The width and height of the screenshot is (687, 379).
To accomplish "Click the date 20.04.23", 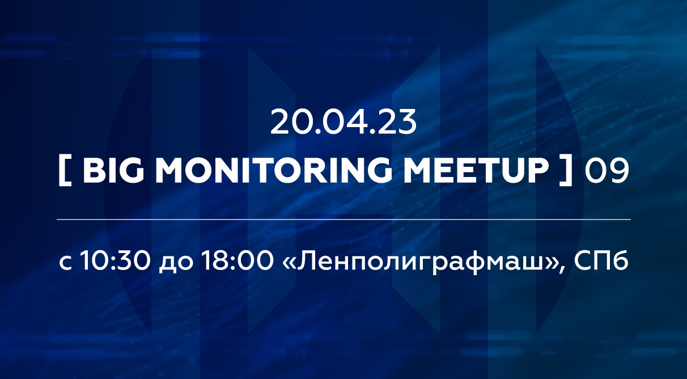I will click(343, 122).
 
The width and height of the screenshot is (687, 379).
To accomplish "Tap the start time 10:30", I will click(117, 263).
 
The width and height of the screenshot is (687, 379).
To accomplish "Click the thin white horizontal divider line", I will click(343, 219).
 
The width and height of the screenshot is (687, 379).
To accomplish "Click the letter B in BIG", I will click(93, 171).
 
